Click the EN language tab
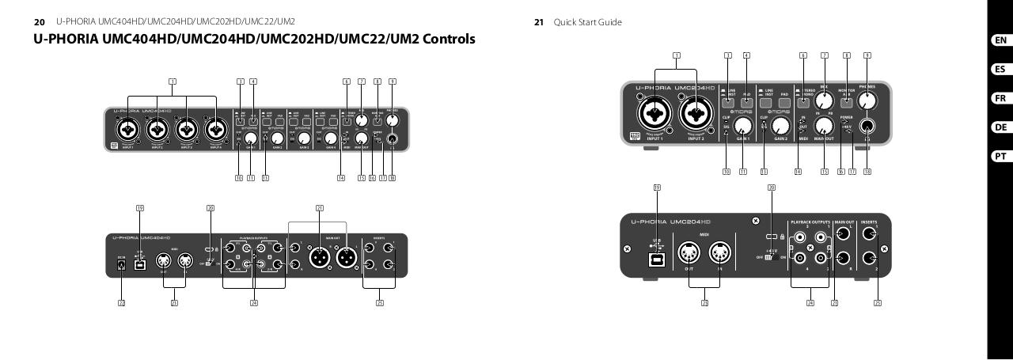(1000, 40)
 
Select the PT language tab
(1000, 157)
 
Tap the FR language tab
(1000, 98)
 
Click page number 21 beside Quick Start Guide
(539, 22)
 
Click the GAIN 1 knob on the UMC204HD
(743, 123)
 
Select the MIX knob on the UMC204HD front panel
(825, 102)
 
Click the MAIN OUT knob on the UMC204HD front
(825, 125)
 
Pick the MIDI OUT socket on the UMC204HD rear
(685, 251)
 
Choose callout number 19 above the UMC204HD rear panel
(657, 188)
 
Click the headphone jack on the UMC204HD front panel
(867, 126)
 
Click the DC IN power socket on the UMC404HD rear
(121, 267)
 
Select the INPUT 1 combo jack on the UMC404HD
(127, 129)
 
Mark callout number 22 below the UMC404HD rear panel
(122, 302)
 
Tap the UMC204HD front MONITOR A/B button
(847, 102)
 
